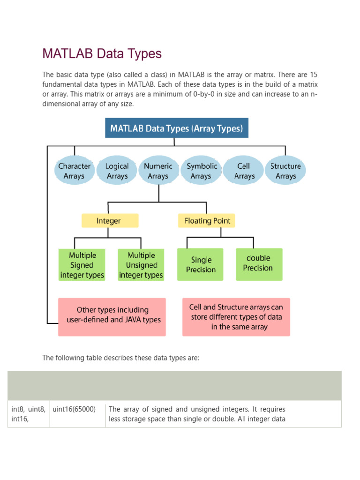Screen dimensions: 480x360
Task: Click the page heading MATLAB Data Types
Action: coord(102,54)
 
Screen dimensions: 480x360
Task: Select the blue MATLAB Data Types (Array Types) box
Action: coord(176,128)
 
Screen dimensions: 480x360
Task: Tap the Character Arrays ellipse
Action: coord(75,171)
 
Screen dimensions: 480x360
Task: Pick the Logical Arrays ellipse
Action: coord(117,171)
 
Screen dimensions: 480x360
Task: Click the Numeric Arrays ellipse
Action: coord(158,171)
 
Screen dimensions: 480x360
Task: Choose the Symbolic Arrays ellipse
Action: coord(202,171)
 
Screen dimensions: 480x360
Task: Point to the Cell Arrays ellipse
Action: coord(244,171)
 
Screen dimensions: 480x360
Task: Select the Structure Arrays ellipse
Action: coord(285,171)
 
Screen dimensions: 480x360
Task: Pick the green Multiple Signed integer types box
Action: coord(82,265)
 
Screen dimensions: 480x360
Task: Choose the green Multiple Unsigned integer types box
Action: coord(141,265)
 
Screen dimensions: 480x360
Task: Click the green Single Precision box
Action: coord(201,265)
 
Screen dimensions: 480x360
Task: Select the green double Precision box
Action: coord(259,264)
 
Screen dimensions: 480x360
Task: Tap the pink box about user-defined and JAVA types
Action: coord(112,316)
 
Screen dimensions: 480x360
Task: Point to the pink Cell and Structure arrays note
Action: coord(236,316)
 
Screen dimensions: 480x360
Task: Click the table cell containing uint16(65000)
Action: coord(75,409)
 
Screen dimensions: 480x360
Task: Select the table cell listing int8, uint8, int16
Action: coord(28,414)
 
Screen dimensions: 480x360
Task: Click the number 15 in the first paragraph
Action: coord(314,75)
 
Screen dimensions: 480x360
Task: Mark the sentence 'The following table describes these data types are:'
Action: coord(120,358)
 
